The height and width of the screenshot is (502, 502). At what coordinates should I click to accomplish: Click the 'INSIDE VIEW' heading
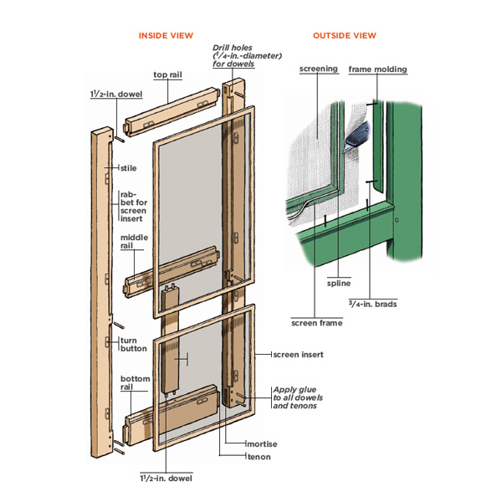(x=166, y=35)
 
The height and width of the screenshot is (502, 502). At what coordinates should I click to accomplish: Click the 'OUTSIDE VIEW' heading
(x=344, y=35)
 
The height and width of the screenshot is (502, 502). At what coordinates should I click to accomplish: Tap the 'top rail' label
(x=167, y=74)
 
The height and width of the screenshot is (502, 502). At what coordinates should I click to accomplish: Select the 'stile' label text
(x=128, y=168)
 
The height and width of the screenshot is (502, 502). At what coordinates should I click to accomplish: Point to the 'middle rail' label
(x=134, y=241)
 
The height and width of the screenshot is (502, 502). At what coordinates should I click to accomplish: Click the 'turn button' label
(x=134, y=344)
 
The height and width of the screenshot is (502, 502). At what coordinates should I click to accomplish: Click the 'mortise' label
(x=261, y=443)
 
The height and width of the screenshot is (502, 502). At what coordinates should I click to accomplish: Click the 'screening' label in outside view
(x=318, y=69)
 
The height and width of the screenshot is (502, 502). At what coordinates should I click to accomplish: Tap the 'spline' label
(x=338, y=283)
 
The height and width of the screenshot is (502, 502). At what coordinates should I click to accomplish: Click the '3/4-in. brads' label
(x=374, y=304)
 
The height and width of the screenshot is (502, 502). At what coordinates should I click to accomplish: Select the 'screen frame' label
(x=316, y=322)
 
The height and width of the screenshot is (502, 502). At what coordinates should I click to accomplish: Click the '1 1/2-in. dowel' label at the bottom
(x=166, y=478)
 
